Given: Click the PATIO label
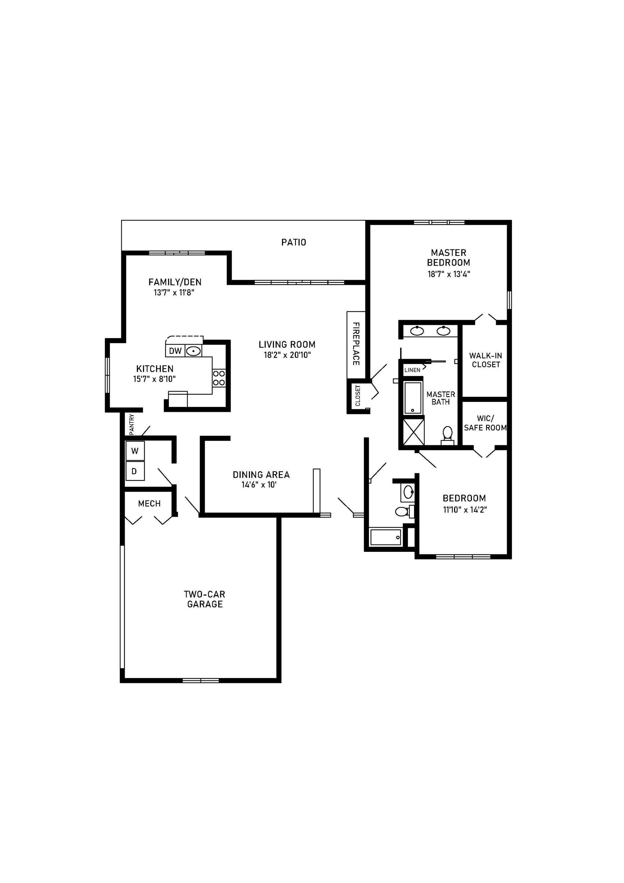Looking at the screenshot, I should pyautogui.click(x=293, y=242).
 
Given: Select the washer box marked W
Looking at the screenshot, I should pyautogui.click(x=135, y=451).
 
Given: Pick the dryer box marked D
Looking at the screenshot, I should pyautogui.click(x=134, y=471).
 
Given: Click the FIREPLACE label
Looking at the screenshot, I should pyautogui.click(x=356, y=344).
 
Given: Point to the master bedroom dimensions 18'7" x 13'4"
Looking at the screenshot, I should pyautogui.click(x=449, y=274).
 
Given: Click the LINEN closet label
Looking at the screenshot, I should pyautogui.click(x=412, y=370).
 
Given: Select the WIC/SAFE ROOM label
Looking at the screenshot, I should pyautogui.click(x=485, y=423).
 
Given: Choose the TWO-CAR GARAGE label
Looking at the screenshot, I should pyautogui.click(x=204, y=599).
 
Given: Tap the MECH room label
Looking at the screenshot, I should pyautogui.click(x=149, y=504).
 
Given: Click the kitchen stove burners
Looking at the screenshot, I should pyautogui.click(x=219, y=378).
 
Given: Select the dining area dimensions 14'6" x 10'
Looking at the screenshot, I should pyautogui.click(x=259, y=485).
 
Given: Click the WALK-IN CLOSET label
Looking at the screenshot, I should pyautogui.click(x=486, y=360).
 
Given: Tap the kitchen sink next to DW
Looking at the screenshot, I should pyautogui.click(x=193, y=351).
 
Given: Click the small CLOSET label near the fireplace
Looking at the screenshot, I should pyautogui.click(x=358, y=395).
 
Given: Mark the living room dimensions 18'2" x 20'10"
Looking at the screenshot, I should pyautogui.click(x=287, y=355).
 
